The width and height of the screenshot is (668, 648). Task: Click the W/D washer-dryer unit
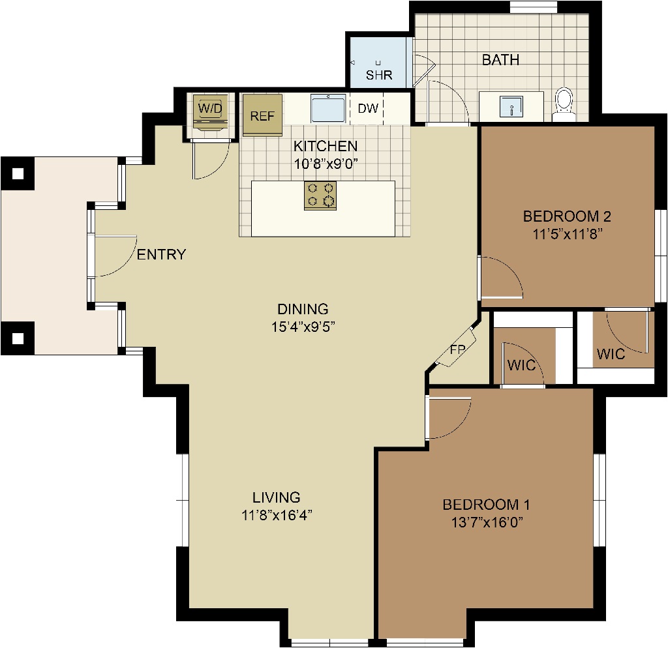pyautogui.click(x=210, y=111)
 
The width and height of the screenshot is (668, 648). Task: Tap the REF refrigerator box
pyautogui.click(x=262, y=115)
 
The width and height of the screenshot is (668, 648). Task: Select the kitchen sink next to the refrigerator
pyautogui.click(x=327, y=108)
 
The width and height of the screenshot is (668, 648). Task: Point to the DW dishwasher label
pyautogui.click(x=368, y=108)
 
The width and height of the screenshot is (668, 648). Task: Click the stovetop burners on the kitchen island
pyautogui.click(x=320, y=196)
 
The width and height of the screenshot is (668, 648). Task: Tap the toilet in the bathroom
pyautogui.click(x=564, y=104)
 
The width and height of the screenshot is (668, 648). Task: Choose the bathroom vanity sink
pyautogui.click(x=511, y=106)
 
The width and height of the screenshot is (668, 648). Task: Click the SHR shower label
pyautogui.click(x=379, y=75)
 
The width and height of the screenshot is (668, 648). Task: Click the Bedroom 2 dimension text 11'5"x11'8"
pyautogui.click(x=567, y=234)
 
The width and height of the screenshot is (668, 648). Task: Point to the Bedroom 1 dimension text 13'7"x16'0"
pyautogui.click(x=487, y=522)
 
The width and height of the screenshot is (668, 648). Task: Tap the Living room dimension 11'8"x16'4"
pyautogui.click(x=277, y=515)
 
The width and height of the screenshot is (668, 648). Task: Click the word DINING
pyautogui.click(x=303, y=308)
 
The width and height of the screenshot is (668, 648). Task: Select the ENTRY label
pyautogui.click(x=162, y=254)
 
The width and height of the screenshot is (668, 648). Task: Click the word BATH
pyautogui.click(x=500, y=60)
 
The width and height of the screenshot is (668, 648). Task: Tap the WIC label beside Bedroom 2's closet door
pyautogui.click(x=611, y=354)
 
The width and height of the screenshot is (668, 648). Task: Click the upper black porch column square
pyautogui.click(x=18, y=173)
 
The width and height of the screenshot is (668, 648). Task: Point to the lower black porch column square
pyautogui.click(x=18, y=338)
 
